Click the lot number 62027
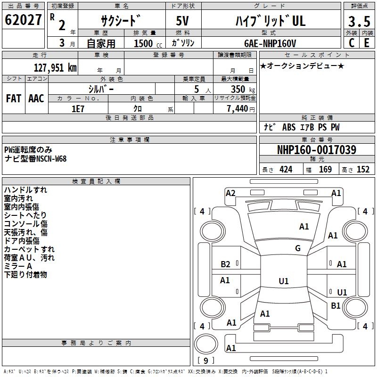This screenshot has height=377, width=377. tap(23, 20)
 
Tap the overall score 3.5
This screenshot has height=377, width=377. tap(358, 22)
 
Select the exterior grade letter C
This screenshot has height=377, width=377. tap(351, 42)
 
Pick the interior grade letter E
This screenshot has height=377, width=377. tap(366, 42)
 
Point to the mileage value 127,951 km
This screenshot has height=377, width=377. tap(55, 67)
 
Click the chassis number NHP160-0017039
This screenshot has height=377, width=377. tap(316, 150)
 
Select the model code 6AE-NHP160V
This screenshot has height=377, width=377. tap(270, 43)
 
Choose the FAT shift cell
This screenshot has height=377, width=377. tap(13, 98)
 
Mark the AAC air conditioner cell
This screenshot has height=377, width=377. tap(36, 98)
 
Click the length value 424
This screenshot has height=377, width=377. tap(286, 170)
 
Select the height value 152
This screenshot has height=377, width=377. tap(363, 170)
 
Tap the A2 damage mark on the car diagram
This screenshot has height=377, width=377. tap(230, 193)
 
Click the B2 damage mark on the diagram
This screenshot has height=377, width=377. tap(225, 264)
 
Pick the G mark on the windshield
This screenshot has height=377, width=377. tap(297, 248)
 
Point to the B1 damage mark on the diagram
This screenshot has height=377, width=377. tap(336, 306)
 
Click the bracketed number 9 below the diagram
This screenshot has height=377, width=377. tap(205, 361)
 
